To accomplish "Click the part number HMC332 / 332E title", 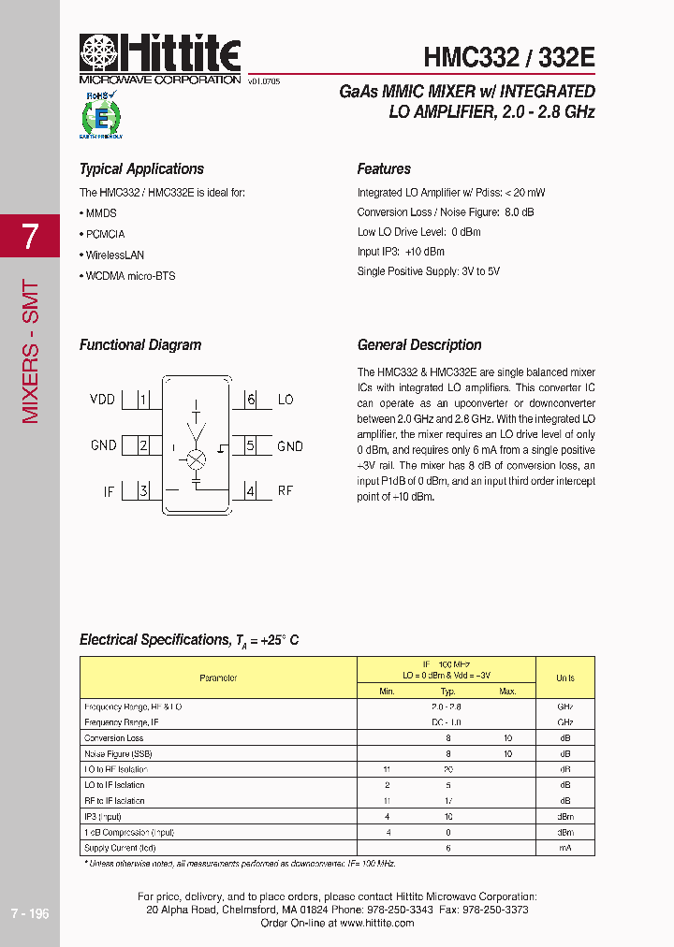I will point(509,57).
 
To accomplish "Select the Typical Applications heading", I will point(141,169).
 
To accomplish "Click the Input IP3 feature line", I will point(401,252).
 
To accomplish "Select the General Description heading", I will point(419,345).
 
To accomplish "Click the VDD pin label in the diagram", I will point(102,400).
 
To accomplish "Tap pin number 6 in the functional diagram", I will point(251,400).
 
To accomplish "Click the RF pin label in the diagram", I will point(286,490).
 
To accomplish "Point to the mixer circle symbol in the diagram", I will point(197,459).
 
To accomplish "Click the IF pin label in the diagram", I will point(109,490).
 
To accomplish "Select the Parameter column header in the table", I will point(218,677).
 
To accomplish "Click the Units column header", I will point(565,677).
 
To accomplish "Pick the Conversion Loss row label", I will point(114,738).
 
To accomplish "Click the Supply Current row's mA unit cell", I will point(565,848).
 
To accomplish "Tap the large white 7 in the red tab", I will point(31,237).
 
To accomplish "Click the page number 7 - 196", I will point(29,913).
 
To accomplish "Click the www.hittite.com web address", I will point(376,923).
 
